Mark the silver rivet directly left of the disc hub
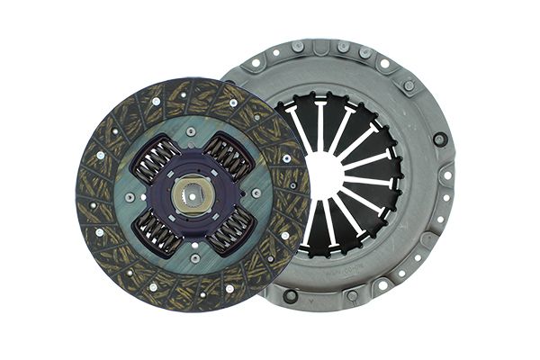point(130,197)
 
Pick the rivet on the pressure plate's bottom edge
point(351,295)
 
